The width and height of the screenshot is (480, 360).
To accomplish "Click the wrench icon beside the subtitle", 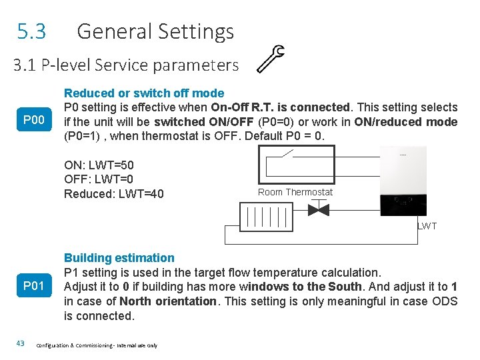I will point(271,58).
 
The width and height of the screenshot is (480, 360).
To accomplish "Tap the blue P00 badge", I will point(33,121).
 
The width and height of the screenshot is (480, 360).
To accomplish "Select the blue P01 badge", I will point(33,287).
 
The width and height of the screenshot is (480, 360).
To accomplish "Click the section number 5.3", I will point(32,31).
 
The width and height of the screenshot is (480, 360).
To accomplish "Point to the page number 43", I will point(20,343).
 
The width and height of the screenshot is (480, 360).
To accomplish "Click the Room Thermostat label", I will point(295,192).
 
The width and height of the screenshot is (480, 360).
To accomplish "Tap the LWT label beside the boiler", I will point(427,226).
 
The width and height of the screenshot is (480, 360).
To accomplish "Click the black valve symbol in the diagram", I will point(319,210).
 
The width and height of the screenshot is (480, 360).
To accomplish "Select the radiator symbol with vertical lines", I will point(266,216).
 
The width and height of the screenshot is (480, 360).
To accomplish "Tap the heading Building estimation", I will point(119,258).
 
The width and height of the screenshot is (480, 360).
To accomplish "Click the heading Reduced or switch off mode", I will point(144,93).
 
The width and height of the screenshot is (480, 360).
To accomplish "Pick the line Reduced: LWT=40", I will point(114,194).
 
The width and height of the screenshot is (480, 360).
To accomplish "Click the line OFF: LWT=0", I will point(99,179).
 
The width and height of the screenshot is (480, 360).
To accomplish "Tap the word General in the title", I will point(116,31).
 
